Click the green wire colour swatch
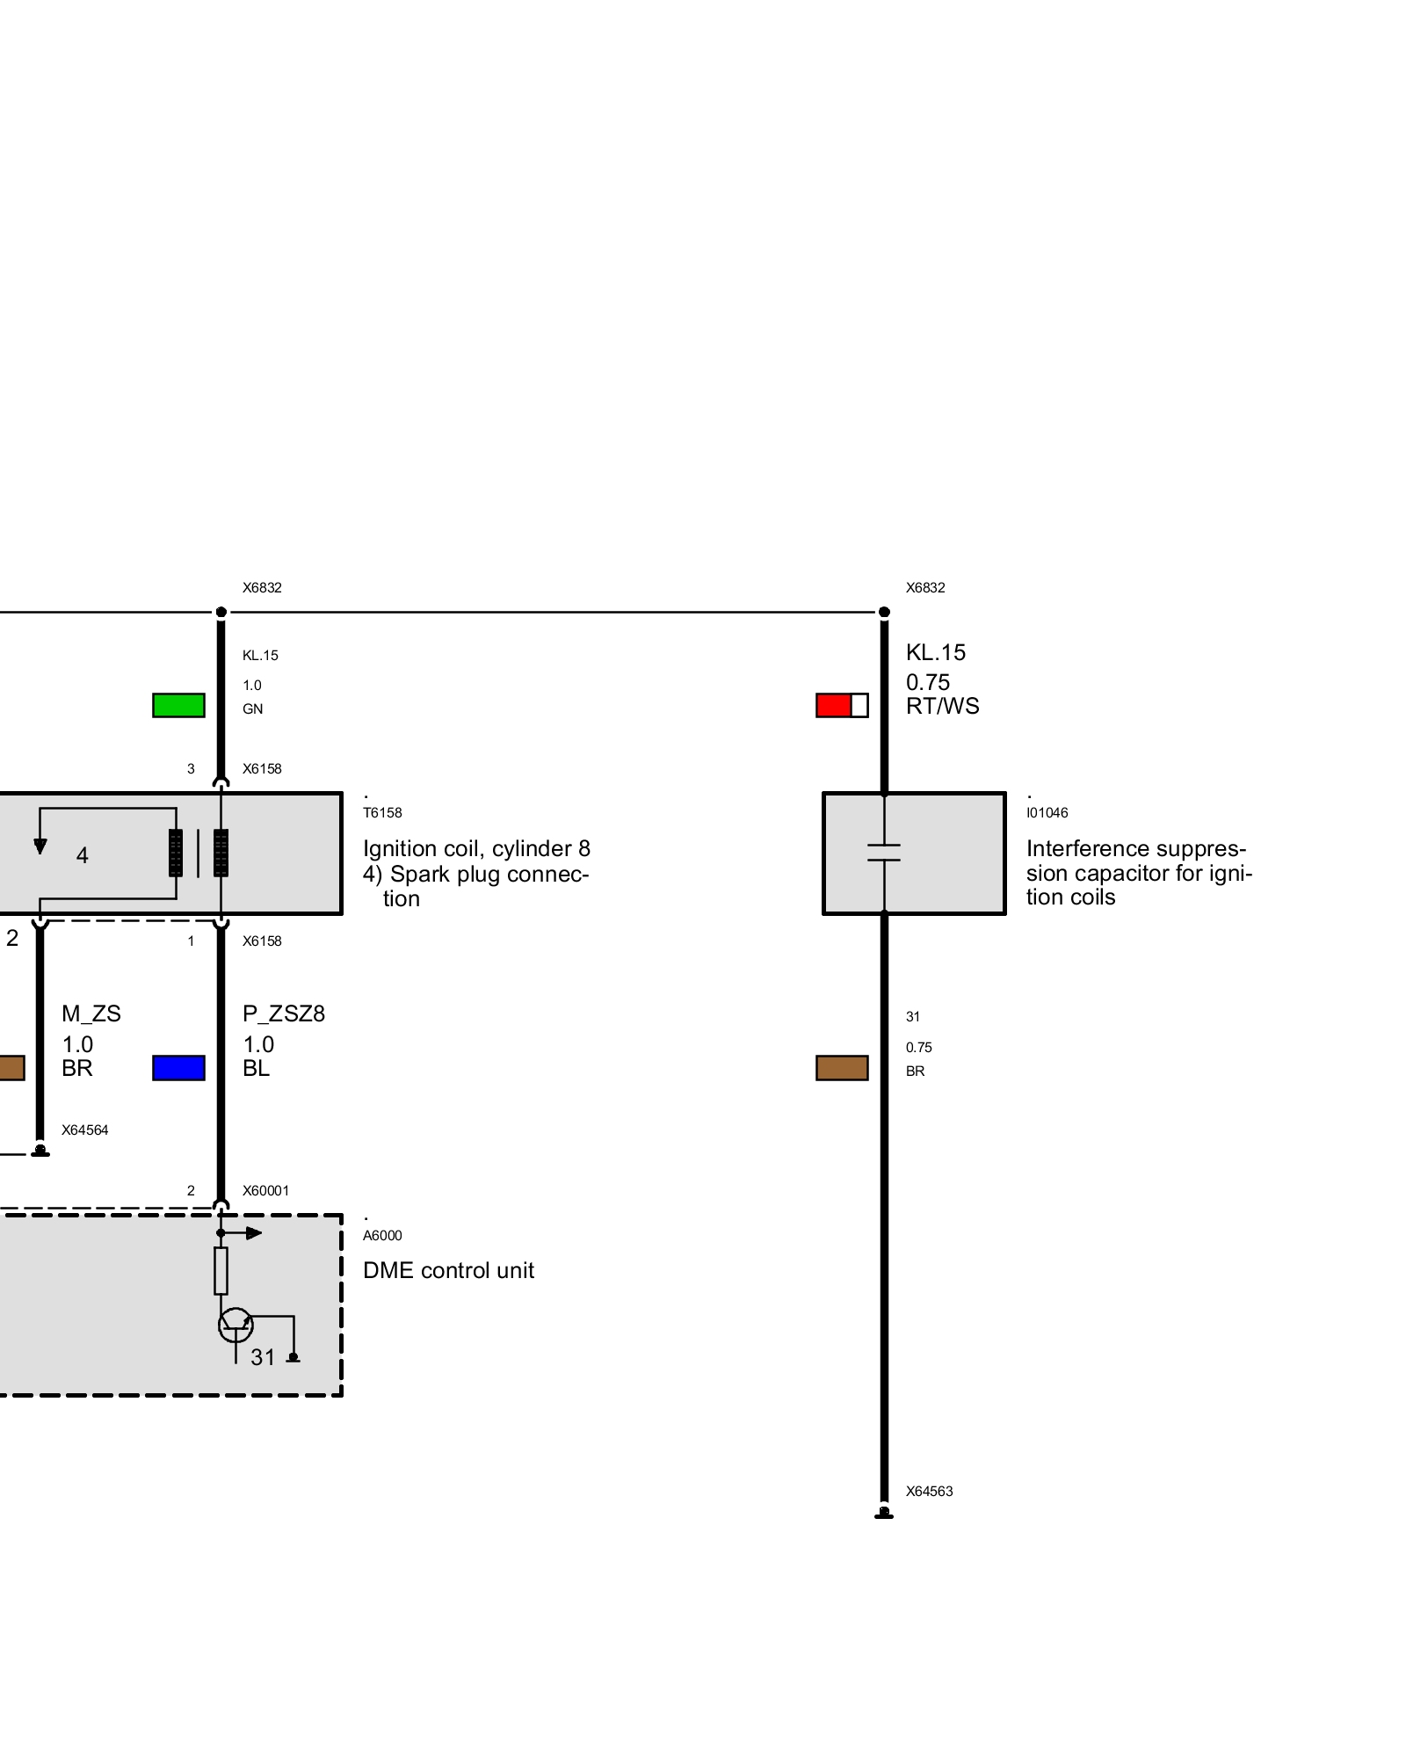coord(178,705)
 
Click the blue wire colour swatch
coord(178,1068)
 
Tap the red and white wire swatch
coord(842,705)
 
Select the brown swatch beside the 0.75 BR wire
coord(842,1068)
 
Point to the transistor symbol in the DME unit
coord(236,1325)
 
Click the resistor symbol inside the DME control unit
coord(221,1271)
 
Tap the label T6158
coord(382,813)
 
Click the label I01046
coord(1047,813)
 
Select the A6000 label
coord(382,1236)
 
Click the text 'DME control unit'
coord(448,1271)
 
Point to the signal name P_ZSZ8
coord(284,1014)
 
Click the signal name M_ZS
coord(91,1014)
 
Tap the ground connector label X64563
coord(930,1492)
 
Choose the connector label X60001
coord(265,1191)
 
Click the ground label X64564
coord(85,1130)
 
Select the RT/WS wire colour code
coord(943,707)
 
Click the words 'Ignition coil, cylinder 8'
coord(476,849)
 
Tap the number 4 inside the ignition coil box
coord(83,855)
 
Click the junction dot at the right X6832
coord(884,612)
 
